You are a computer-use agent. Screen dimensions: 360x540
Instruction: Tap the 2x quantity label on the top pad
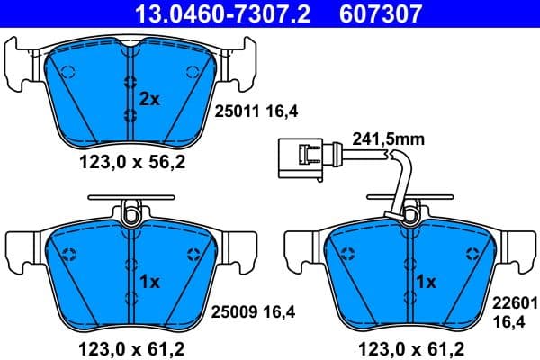[149, 99]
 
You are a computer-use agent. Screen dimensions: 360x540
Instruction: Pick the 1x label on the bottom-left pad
[149, 282]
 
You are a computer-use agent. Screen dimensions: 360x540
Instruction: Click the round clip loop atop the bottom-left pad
[131, 214]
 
